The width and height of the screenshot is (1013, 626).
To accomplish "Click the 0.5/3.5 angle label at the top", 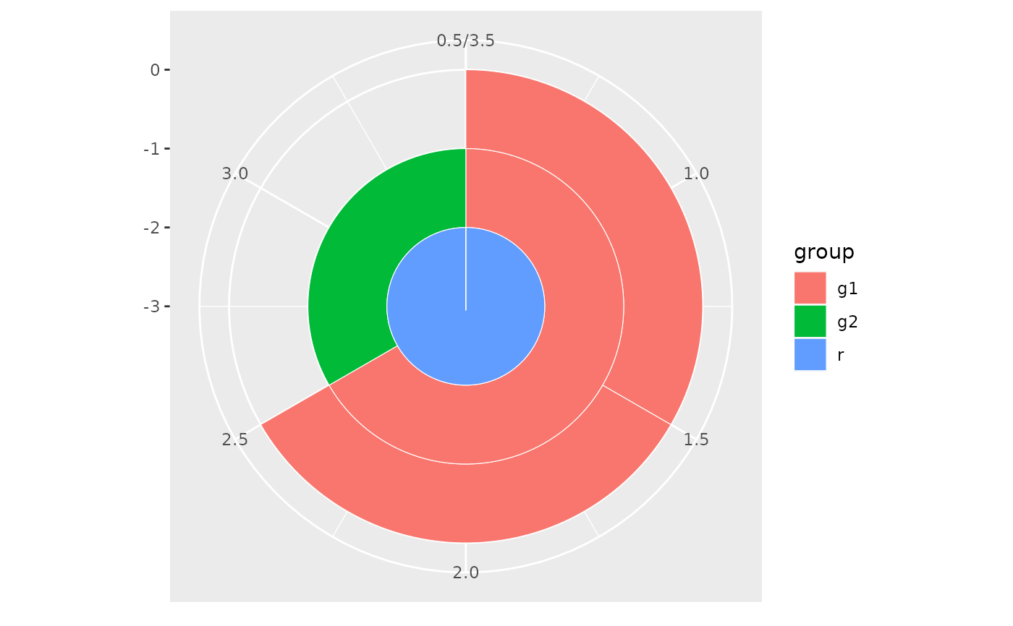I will pos(465,40).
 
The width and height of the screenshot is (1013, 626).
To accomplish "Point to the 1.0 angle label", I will pos(696,173).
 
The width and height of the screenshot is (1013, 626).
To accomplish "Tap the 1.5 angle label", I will pos(696,440).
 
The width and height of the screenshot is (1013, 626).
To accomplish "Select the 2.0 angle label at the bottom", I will pos(465,573).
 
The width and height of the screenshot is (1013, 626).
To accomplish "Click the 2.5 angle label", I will pos(234,440).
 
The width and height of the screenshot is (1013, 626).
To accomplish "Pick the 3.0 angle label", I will pos(234,173).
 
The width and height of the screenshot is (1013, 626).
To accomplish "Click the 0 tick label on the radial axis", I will pos(155,70).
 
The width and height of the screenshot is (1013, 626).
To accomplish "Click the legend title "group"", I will pos(823,252).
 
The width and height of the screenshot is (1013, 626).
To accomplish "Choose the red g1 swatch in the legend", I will pos(810,288).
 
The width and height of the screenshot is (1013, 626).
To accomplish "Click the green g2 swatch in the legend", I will pos(810,321).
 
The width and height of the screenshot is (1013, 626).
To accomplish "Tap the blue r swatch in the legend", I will pos(810,354).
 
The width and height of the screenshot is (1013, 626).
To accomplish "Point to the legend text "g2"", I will pos(847,322).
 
